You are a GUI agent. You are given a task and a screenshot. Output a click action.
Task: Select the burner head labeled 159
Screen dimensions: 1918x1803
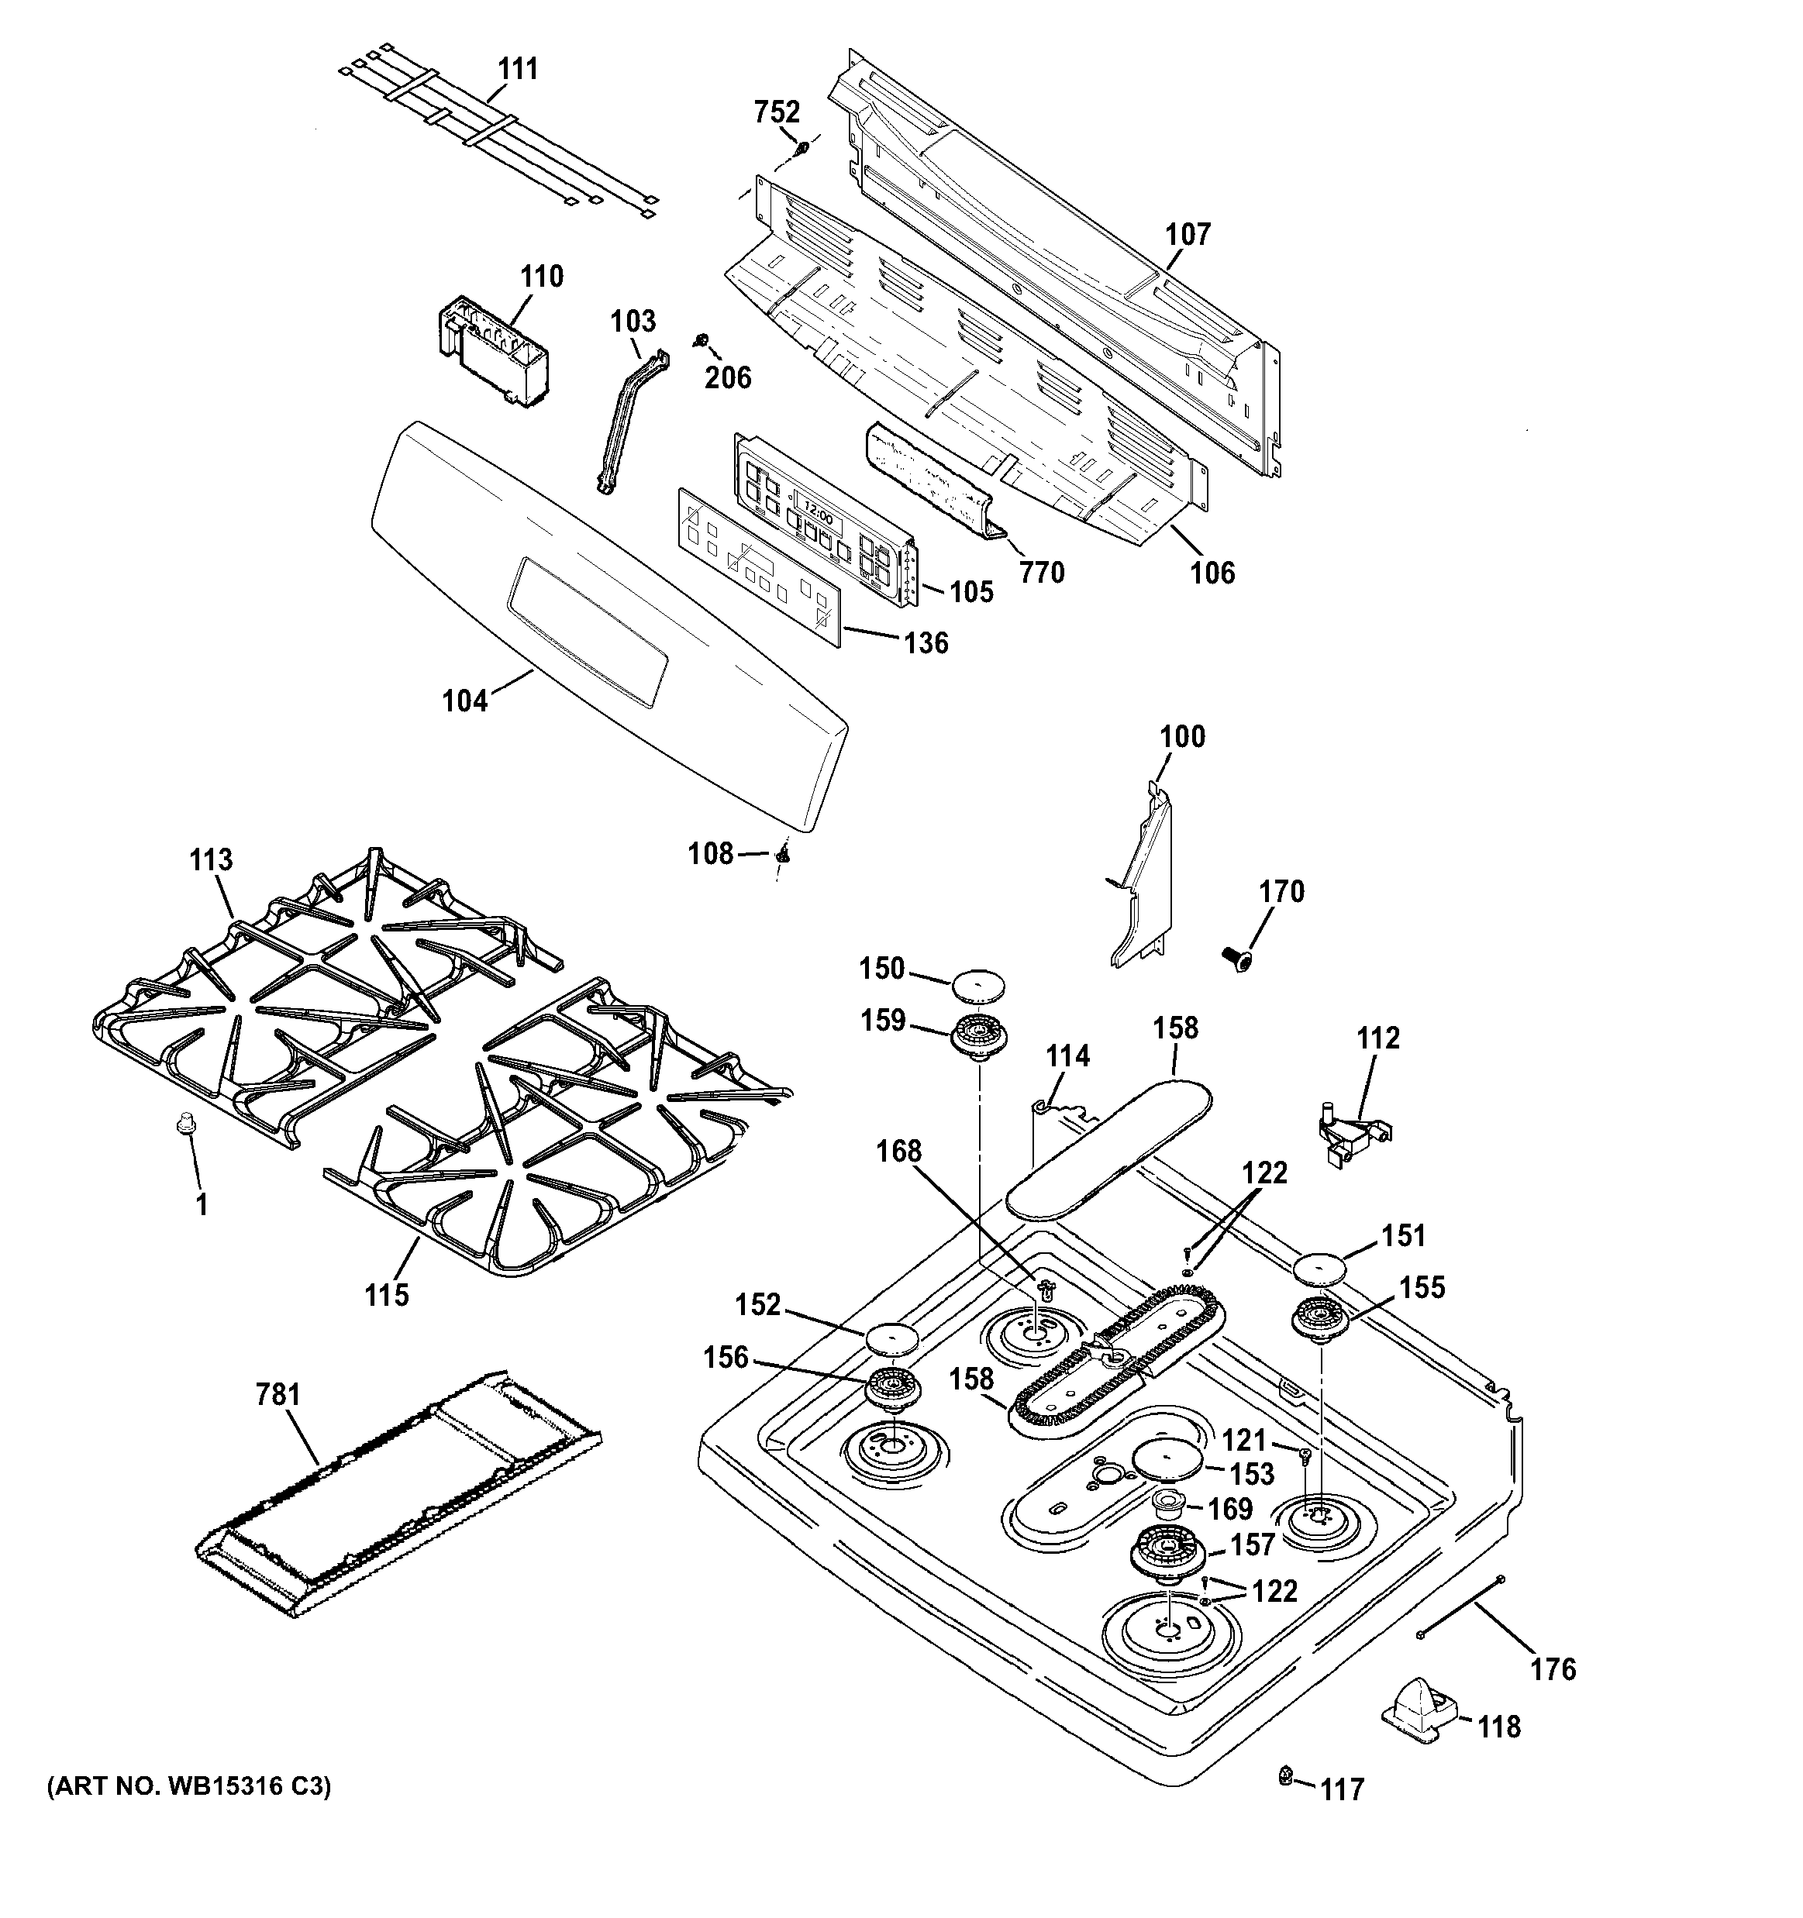coord(979,1038)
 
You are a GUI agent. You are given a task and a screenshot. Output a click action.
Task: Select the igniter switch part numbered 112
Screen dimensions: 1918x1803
coord(1351,1135)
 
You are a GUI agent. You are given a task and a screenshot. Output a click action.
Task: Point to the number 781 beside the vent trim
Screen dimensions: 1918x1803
coord(278,1394)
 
